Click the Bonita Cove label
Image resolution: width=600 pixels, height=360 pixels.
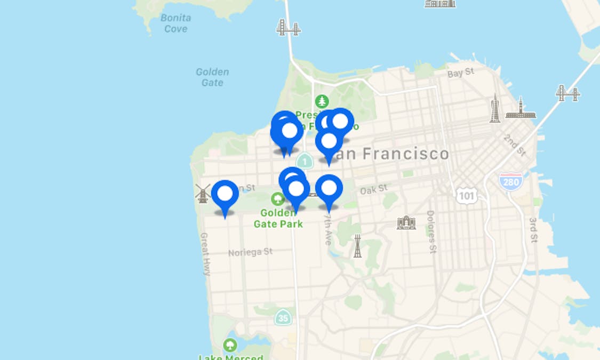point(176,23)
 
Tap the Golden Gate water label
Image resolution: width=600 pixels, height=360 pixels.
point(212,77)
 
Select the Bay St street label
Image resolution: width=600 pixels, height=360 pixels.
point(461,73)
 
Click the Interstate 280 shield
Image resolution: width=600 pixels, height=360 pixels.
point(510,181)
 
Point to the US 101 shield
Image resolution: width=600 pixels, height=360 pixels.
point(466,196)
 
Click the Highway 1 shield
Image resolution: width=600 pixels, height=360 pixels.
point(305,160)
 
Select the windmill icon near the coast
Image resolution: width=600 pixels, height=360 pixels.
point(203,193)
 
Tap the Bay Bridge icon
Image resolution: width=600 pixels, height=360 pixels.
point(567,93)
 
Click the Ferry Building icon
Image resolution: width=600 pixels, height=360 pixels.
point(521,109)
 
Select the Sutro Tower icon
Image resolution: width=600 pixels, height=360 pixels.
point(357,246)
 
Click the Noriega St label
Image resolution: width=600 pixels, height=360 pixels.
point(250,252)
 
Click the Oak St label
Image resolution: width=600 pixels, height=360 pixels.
point(373,189)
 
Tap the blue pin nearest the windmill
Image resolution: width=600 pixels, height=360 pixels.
point(225,194)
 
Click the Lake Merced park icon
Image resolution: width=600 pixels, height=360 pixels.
point(231,345)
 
